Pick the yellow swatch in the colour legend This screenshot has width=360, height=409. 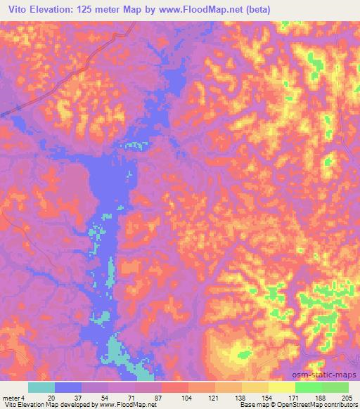click(281, 387)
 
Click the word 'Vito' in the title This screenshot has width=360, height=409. click(20, 8)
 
